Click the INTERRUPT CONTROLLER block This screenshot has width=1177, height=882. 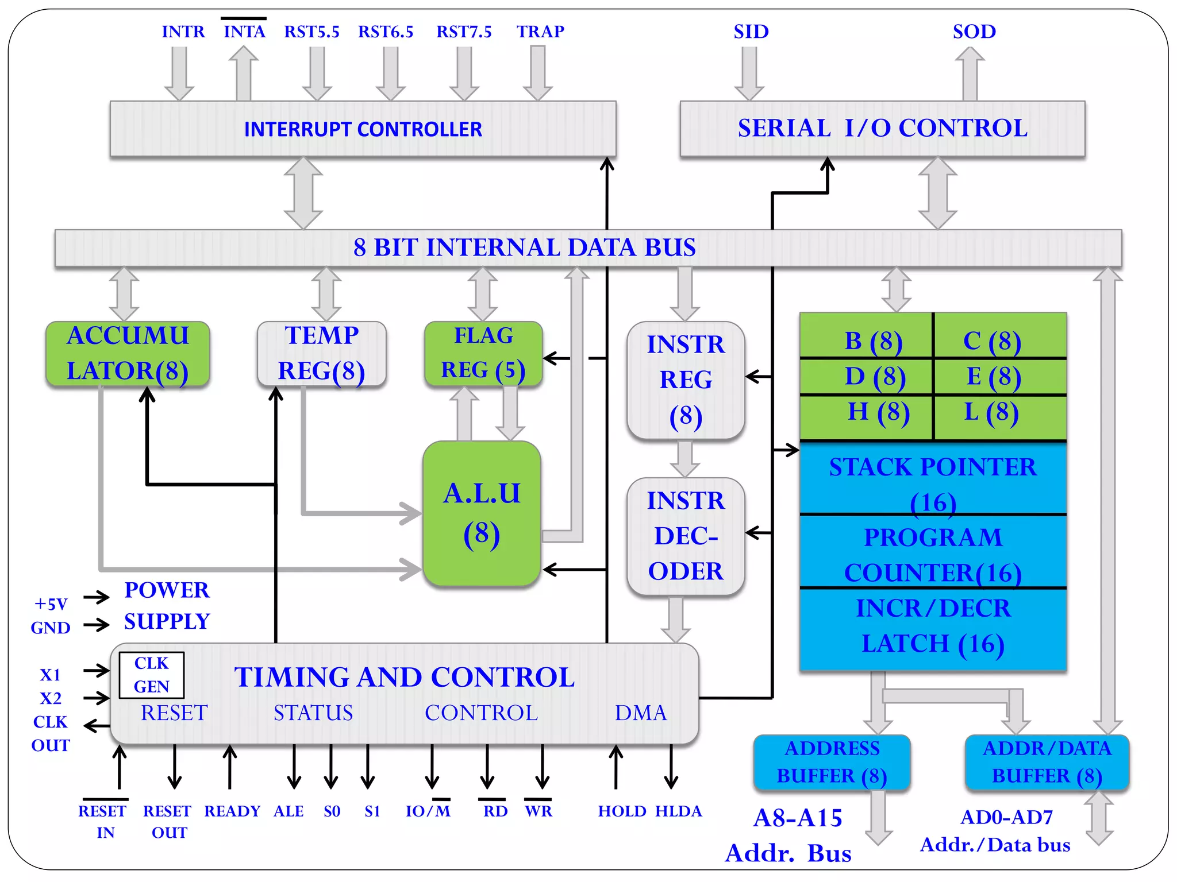tap(363, 129)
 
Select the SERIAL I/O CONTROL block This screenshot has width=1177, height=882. tap(882, 129)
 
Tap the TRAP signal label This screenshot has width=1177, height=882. tap(540, 32)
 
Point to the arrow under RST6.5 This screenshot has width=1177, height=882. tap(390, 73)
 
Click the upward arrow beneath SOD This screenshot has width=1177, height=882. tap(970, 73)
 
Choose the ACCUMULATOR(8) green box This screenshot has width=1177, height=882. tap(128, 353)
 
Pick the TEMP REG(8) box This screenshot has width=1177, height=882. tap(321, 353)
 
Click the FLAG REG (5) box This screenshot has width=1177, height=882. tap(483, 353)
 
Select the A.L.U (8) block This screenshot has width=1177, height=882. tap(482, 513)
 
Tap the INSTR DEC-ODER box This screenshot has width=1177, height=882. tap(686, 536)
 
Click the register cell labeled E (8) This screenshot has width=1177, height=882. tap(1000, 377)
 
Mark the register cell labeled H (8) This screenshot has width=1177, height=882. tap(866, 412)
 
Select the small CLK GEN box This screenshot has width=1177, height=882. tap(152, 675)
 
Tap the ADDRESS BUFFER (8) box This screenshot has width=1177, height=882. tap(832, 762)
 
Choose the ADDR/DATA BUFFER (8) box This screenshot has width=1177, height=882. tap(1047, 762)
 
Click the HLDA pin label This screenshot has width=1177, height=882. tap(678, 811)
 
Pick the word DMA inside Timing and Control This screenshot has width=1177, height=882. tap(641, 713)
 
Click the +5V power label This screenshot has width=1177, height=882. tap(51, 604)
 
